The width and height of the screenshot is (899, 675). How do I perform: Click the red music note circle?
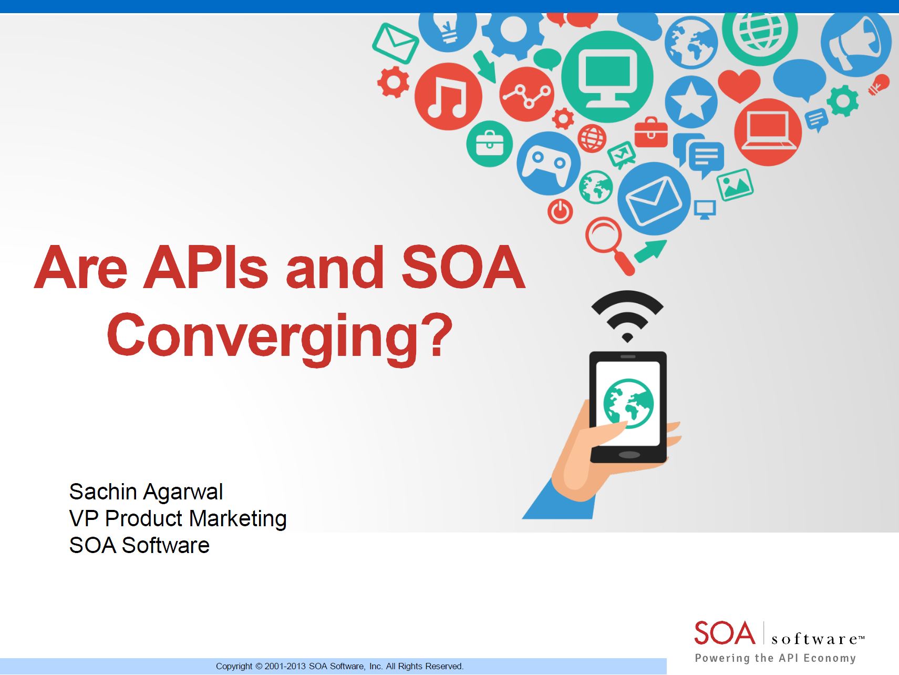click(x=448, y=97)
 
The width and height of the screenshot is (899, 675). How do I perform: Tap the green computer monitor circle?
click(x=607, y=77)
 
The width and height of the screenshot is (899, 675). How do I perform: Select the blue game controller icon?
click(x=549, y=163)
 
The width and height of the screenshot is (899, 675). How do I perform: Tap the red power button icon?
click(x=560, y=211)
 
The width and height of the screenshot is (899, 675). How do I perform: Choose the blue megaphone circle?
click(x=856, y=43)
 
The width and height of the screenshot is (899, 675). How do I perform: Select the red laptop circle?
click(x=768, y=132)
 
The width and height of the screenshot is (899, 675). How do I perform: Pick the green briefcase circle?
click(x=489, y=144)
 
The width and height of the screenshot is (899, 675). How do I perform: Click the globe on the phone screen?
click(x=628, y=403)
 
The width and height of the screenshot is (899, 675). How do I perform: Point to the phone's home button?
click(x=629, y=455)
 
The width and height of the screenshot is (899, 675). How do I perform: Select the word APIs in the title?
click(x=205, y=267)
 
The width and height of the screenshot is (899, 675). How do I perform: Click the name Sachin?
click(x=104, y=492)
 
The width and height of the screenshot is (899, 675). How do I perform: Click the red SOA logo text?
click(x=725, y=633)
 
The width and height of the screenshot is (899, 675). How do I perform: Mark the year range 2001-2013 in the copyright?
click(x=285, y=666)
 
